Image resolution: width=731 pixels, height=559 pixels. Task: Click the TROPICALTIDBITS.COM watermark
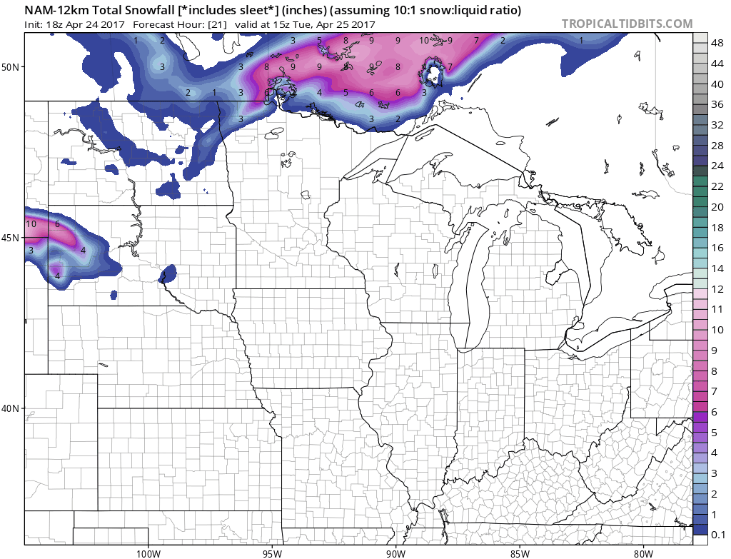click(627, 24)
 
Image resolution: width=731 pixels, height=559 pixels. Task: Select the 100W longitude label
click(148, 553)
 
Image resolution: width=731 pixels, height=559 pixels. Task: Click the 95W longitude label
click(272, 553)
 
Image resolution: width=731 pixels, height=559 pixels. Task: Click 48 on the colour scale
click(717, 41)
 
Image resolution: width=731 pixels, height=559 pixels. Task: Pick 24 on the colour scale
click(717, 165)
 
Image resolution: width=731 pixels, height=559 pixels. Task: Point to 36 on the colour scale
click(717, 104)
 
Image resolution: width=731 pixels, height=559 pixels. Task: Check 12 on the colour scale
click(717, 288)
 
